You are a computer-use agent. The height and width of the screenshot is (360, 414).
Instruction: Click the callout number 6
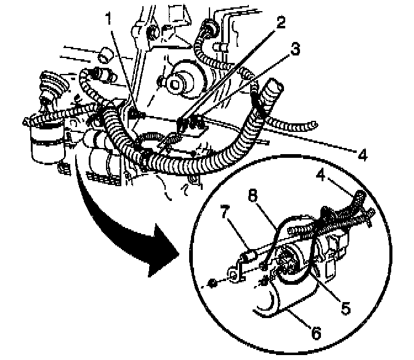click(315, 333)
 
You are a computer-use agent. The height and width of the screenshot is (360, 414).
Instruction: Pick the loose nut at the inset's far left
click(211, 285)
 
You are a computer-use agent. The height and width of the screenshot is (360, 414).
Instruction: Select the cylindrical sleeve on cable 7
click(250, 254)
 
